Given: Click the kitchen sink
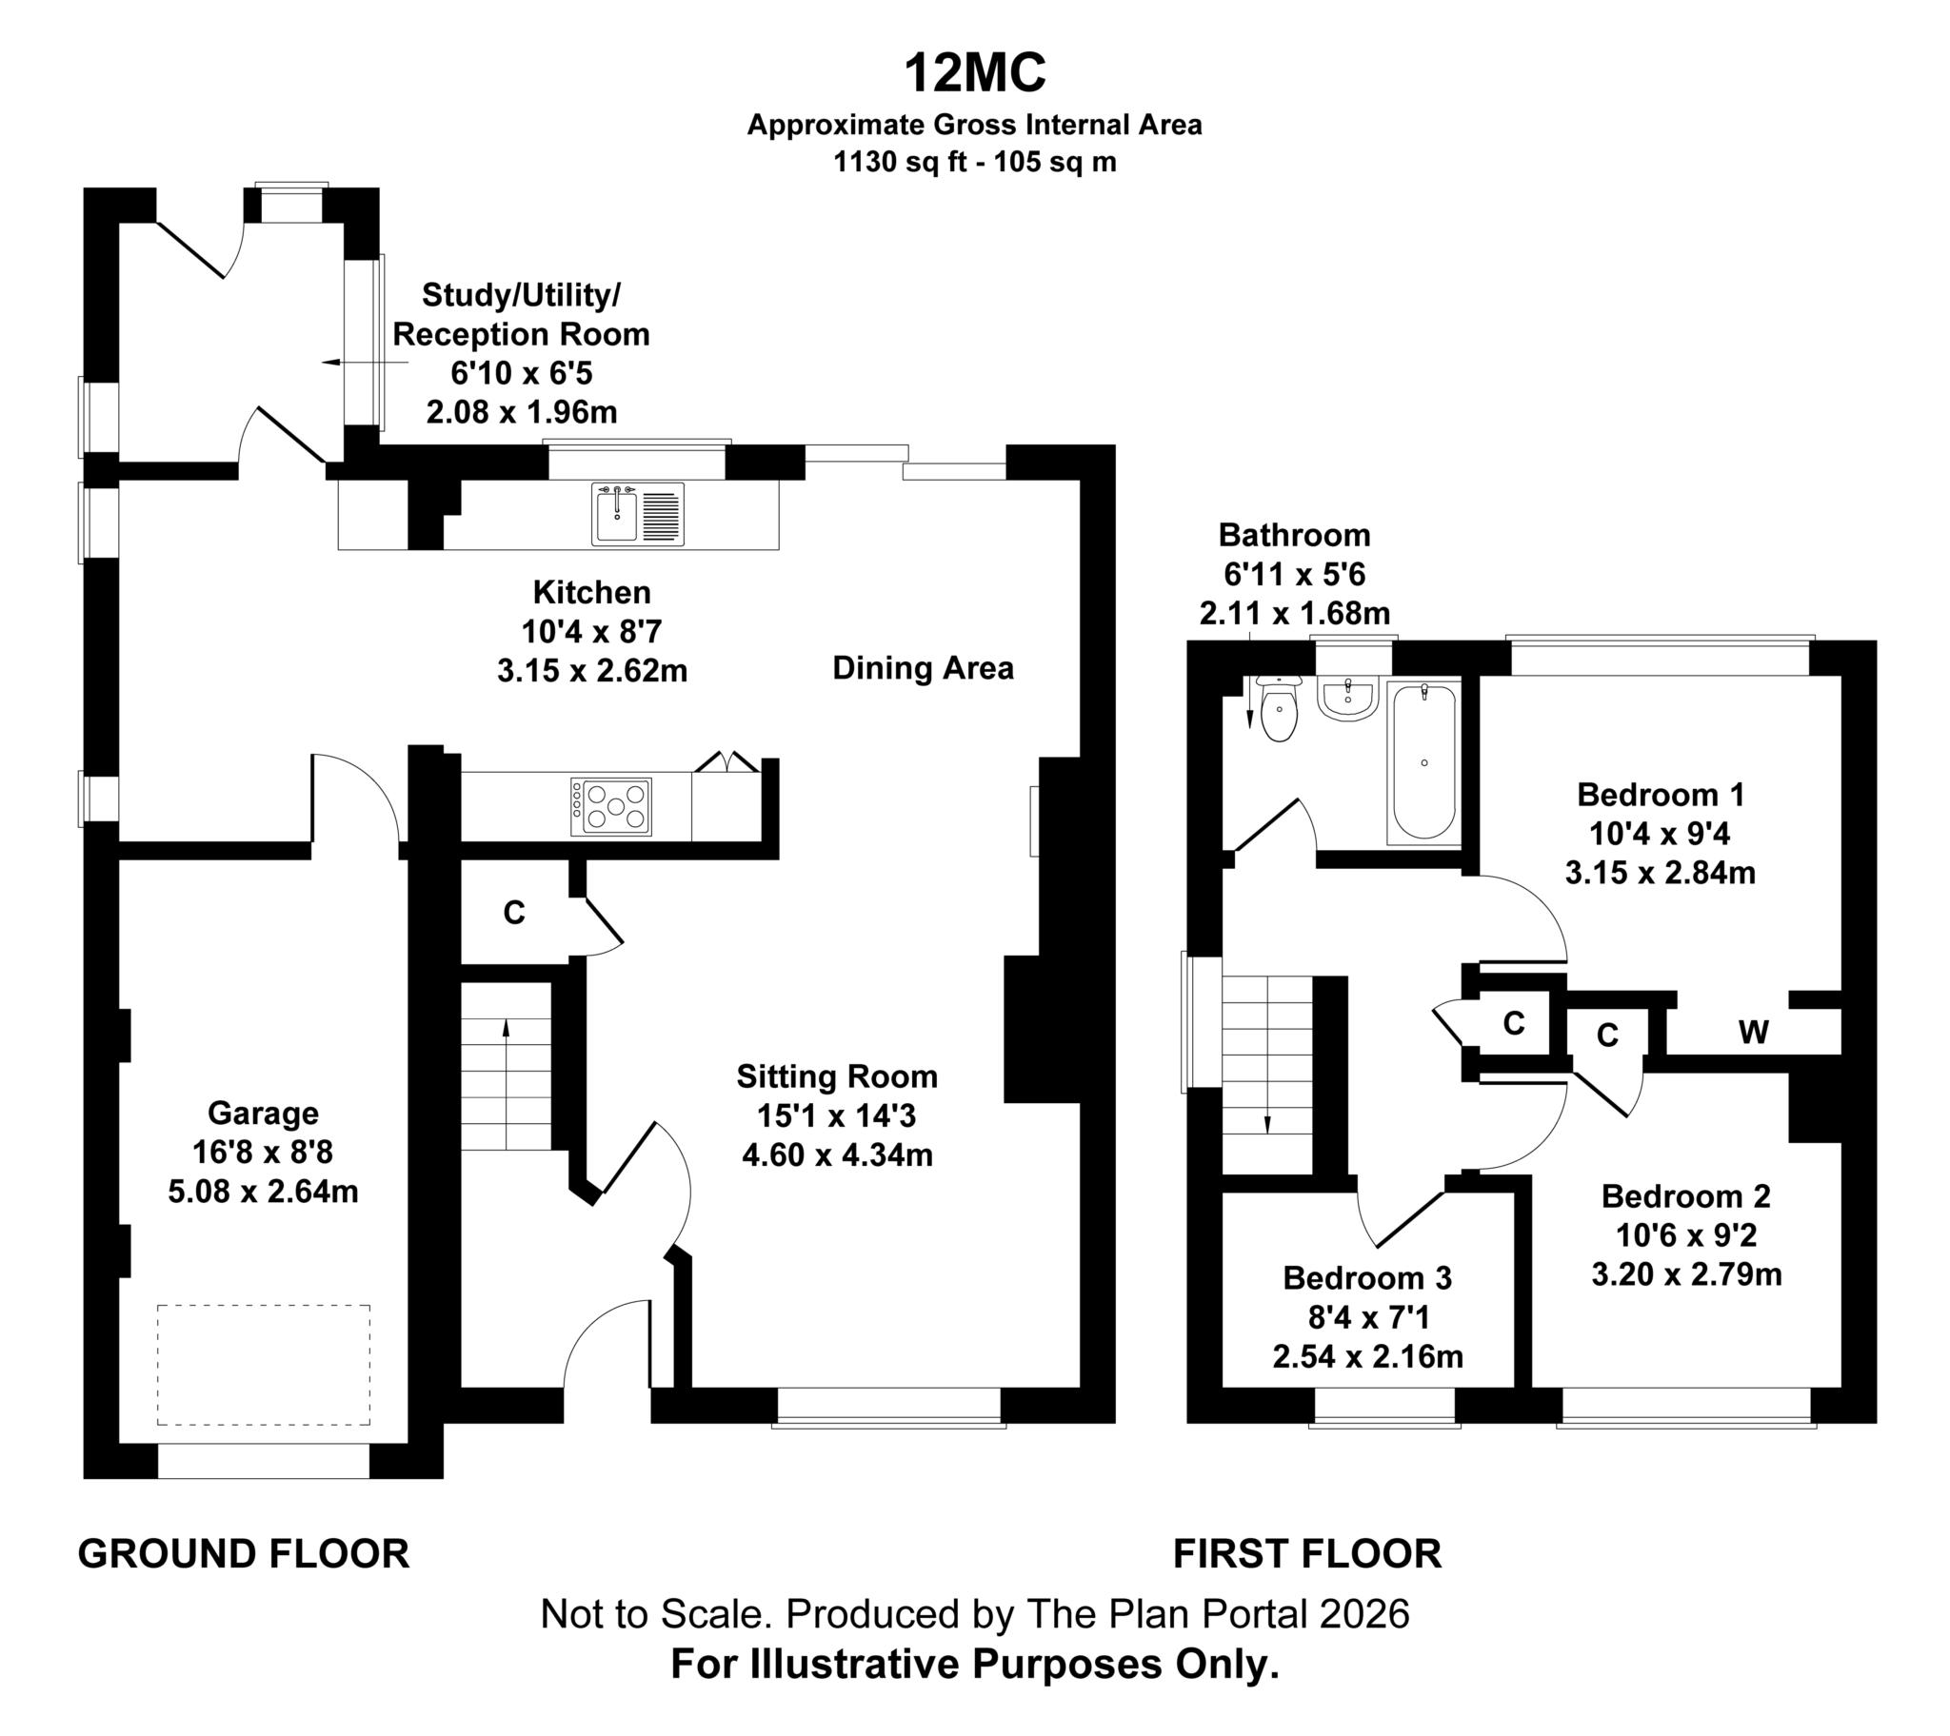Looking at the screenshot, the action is [x=637, y=514].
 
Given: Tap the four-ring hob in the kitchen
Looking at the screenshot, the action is [x=611, y=807].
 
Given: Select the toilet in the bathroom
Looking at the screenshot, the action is [x=1279, y=709].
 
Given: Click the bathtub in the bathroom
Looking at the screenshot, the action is [x=1424, y=762].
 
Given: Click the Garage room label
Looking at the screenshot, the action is [x=264, y=1114].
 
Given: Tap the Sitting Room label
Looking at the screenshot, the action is [x=837, y=1075].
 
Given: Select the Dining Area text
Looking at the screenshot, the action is [x=923, y=668].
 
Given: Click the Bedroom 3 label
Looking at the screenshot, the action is [x=1367, y=1277].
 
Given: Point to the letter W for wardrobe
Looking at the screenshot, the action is [x=1754, y=1031].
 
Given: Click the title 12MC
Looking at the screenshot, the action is [x=974, y=72].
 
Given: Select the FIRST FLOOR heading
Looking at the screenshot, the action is [x=1307, y=1554].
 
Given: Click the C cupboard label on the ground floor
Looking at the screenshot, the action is [x=513, y=913].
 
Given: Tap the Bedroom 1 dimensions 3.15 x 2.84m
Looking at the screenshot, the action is [x=1660, y=873].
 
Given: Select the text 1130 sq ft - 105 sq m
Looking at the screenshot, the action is [x=974, y=162].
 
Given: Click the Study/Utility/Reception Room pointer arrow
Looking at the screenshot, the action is [x=366, y=363].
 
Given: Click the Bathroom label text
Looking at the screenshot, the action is [x=1294, y=535].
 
